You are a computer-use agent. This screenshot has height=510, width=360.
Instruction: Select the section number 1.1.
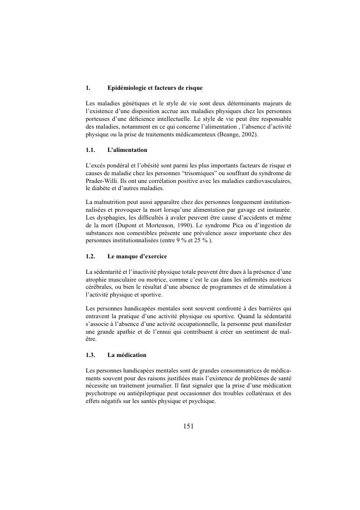[x=91, y=150]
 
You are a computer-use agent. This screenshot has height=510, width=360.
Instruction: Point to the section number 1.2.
[x=91, y=257]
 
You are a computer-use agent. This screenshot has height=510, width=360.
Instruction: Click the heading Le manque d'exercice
[x=137, y=257]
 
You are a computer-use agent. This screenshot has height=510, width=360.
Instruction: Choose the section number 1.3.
[x=91, y=354]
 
